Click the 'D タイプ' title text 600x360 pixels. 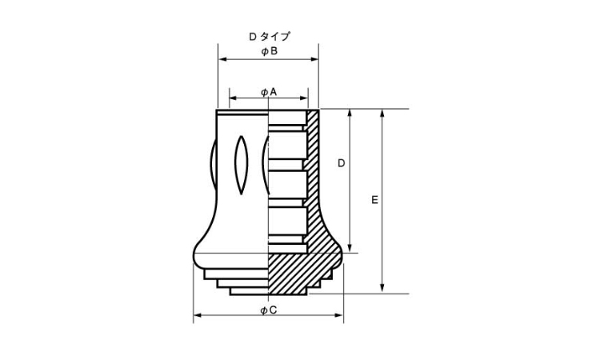coord(270,37)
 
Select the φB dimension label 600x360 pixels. coord(269,51)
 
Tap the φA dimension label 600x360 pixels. coord(269,92)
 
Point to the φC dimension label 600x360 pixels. coord(269,310)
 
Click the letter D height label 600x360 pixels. coord(341,163)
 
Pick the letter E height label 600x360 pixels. coord(375,200)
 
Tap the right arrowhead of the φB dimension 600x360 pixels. coord(314,59)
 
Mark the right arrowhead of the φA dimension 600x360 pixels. coord(304,98)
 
